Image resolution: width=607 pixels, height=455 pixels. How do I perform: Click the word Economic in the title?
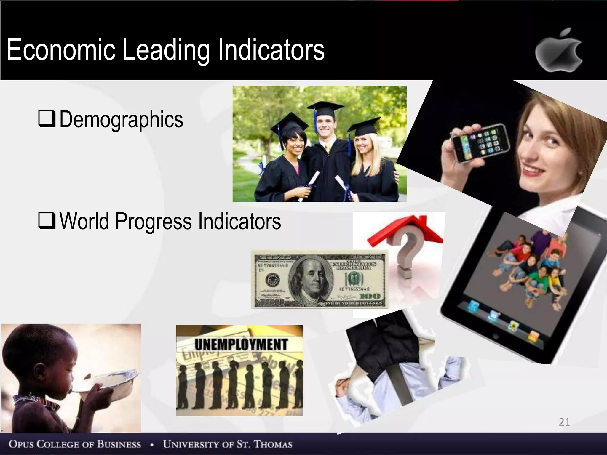pyautogui.click(x=61, y=50)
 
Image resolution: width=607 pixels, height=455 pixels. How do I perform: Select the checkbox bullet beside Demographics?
pyautogui.click(x=47, y=119)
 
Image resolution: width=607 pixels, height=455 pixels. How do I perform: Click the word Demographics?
pyautogui.click(x=121, y=119)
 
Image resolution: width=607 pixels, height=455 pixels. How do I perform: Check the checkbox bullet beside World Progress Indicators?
pyautogui.click(x=47, y=221)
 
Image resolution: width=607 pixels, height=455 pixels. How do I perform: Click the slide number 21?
pyautogui.click(x=564, y=422)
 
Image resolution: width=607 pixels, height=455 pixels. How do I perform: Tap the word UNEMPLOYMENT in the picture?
pyautogui.click(x=241, y=345)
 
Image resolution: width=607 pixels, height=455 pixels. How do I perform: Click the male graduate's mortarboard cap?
pyautogui.click(x=325, y=108)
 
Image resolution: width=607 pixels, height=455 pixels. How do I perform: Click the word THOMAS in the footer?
pyautogui.click(x=273, y=444)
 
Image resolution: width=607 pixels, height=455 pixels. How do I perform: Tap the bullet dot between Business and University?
pyautogui.click(x=152, y=445)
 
